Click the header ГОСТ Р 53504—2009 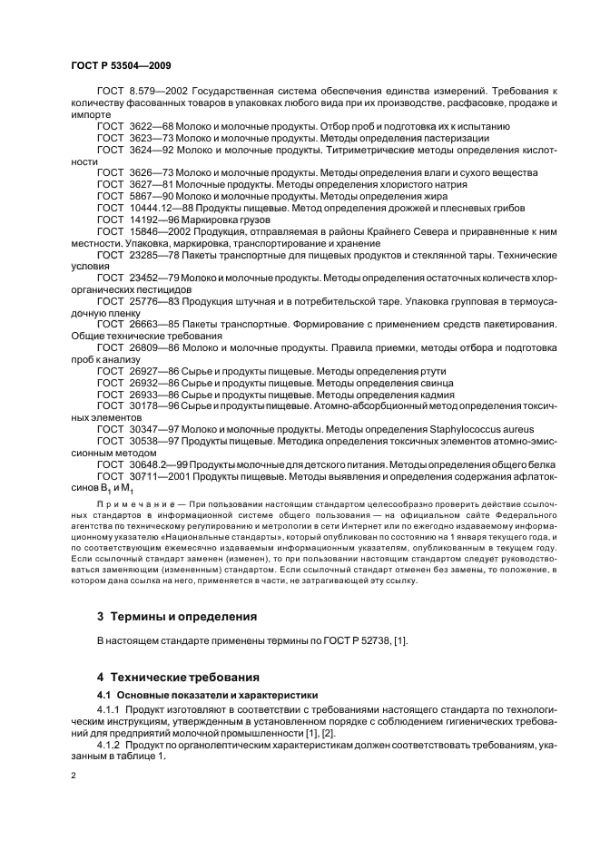pos(121,66)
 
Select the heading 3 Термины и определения pos(176,616)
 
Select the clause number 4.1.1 pos(109,708)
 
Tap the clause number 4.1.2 pos(109,745)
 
